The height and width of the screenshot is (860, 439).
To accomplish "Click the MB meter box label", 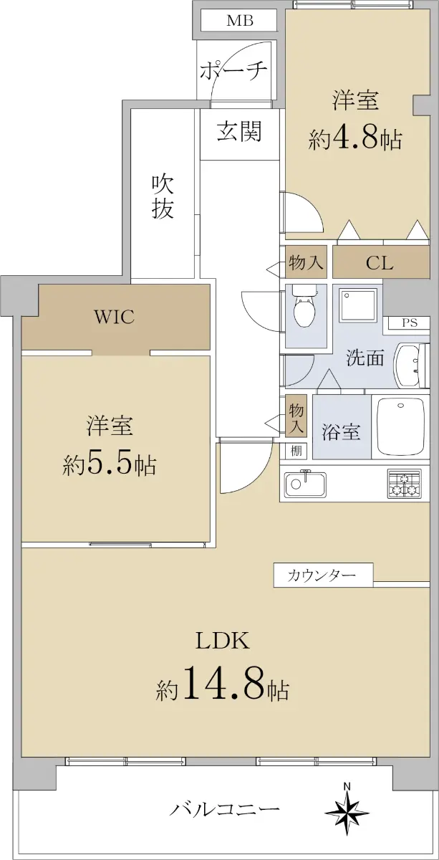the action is tap(240, 20).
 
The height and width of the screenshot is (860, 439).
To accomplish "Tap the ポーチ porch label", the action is tap(233, 72).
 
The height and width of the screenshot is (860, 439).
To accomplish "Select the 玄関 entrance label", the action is tap(240, 132).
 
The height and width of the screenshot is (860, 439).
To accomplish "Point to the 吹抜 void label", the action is tap(163, 197).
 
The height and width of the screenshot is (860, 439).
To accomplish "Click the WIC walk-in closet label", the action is tap(115, 317).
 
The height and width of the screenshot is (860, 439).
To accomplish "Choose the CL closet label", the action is tap(380, 264).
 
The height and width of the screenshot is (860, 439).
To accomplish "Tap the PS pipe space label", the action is tap(410, 323).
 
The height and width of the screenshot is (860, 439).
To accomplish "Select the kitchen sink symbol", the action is tap(305, 484).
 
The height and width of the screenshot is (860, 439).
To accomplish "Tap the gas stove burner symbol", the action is tap(404, 483).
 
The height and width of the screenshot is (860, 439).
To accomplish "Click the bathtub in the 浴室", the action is tap(400, 426).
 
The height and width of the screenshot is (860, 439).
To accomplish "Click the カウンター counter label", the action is tap(322, 575).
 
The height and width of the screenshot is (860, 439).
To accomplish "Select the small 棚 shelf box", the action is tap(296, 451).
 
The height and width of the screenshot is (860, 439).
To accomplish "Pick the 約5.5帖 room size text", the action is tap(110, 465).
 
